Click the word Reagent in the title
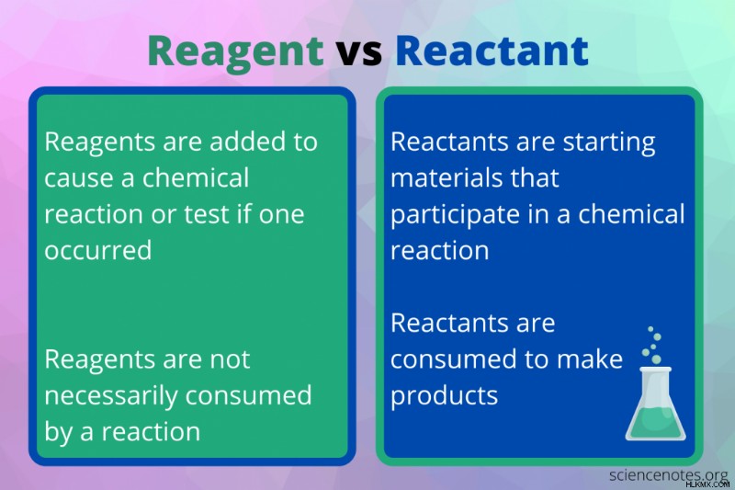[x=236, y=52]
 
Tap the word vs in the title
[x=359, y=52]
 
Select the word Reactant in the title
[x=492, y=51]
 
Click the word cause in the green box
[x=83, y=178]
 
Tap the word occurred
[x=98, y=250]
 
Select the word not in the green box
[x=230, y=360]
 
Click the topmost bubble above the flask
[x=650, y=329]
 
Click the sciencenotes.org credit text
[x=669, y=475]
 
